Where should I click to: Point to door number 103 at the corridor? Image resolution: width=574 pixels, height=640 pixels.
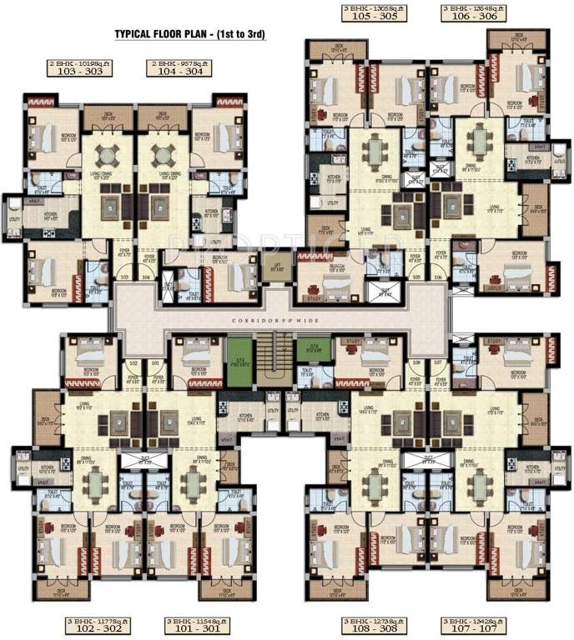126,277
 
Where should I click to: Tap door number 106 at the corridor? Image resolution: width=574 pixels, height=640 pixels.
437,277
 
